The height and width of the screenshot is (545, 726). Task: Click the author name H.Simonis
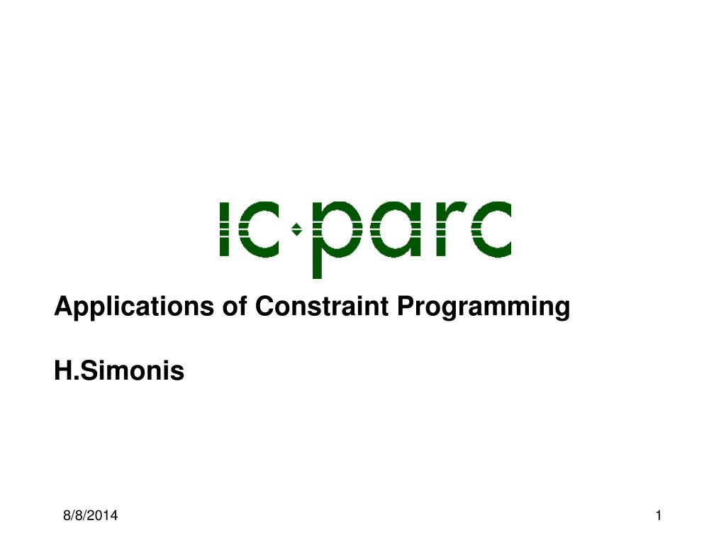119,370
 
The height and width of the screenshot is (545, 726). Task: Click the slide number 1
659,517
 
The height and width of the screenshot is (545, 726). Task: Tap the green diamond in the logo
298,229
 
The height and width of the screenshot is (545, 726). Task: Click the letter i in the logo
224,229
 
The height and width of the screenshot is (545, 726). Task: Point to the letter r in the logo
442,229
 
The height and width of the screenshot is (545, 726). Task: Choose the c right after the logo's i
260,229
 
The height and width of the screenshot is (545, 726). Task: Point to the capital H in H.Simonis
62,370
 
